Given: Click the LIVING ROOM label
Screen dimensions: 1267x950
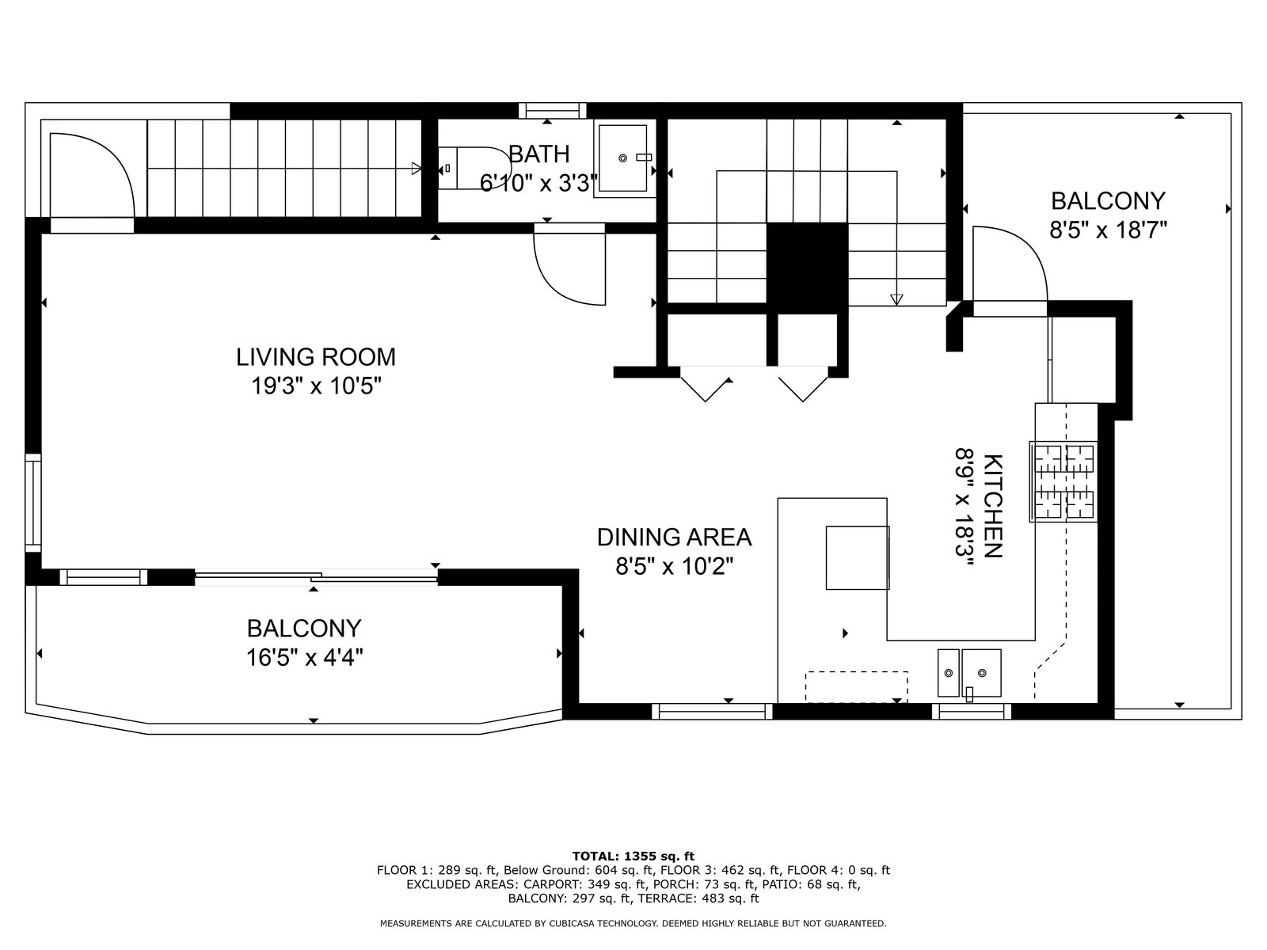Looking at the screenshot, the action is pos(316,357).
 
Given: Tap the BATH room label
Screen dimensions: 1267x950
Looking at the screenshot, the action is pos(539,154).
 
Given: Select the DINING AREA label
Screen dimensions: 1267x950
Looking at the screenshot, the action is pos(674,537).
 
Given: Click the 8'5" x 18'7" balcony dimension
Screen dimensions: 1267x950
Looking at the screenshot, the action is pos(1109,230).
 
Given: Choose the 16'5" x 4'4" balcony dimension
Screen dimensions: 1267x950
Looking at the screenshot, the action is pos(305,657).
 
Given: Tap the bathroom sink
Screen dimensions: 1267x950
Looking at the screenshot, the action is pos(623,158).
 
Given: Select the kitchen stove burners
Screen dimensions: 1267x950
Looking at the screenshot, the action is pos(1063,481).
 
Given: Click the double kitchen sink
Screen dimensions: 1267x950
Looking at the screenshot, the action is pos(969,673).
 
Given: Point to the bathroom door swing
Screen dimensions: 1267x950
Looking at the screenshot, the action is pos(569,264).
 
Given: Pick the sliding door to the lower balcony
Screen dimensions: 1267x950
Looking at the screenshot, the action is pos(316,577).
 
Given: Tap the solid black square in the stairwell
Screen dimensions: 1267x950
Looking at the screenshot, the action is pos(807,268).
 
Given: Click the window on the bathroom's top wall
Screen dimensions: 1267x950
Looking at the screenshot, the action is pos(553,111).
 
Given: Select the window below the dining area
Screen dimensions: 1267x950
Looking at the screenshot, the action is pos(712,711).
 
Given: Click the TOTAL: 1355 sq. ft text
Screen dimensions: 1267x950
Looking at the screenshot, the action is pos(633,856).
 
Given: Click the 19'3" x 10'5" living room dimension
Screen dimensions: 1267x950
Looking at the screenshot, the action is pos(316,386).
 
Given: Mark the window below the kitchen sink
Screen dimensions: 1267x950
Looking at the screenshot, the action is pos(972,711).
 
